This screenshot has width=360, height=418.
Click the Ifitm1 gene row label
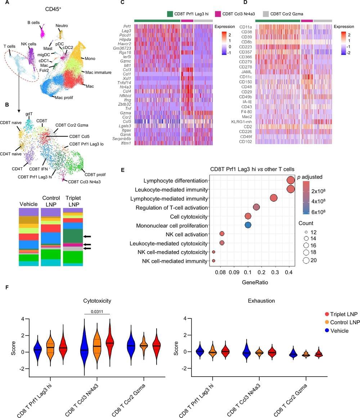(x=125, y=143)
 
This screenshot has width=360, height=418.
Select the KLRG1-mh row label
(x=242, y=122)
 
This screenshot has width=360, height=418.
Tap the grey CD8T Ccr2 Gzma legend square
(x=266, y=14)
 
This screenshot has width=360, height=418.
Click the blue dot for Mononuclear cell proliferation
(x=248, y=225)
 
